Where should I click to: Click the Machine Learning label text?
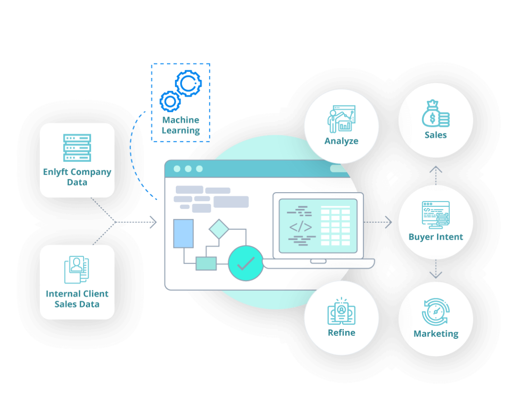[x=180, y=126]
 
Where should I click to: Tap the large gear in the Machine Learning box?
[x=188, y=83]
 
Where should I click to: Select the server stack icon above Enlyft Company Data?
[x=77, y=148]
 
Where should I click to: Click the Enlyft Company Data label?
[x=77, y=177]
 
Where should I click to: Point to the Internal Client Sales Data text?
[x=77, y=299]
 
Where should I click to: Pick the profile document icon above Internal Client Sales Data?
[x=76, y=269]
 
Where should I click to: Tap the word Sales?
[x=436, y=135]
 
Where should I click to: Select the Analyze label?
[x=341, y=141]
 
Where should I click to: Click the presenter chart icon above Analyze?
[x=341, y=119]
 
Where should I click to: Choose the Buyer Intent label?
[x=436, y=237]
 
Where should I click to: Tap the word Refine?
[x=341, y=332]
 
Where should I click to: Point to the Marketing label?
[x=436, y=334]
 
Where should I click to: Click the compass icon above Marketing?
[x=435, y=312]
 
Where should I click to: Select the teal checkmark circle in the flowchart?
[x=245, y=263]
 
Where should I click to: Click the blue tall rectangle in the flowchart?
[x=183, y=233]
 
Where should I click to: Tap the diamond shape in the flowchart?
[x=218, y=229]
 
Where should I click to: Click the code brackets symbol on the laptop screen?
[x=300, y=227]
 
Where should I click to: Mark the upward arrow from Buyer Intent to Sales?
[x=436, y=175]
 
